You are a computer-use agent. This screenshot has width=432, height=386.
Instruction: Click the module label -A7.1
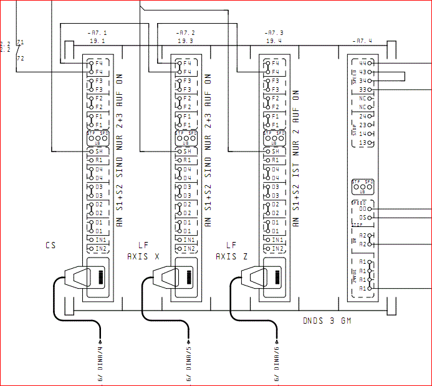point(97,32)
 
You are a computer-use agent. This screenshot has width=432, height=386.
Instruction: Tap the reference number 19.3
point(185,41)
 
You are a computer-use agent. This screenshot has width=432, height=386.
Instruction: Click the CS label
point(50,245)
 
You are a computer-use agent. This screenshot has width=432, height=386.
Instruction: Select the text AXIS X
point(143,256)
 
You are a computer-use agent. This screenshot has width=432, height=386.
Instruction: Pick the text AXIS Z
point(232,256)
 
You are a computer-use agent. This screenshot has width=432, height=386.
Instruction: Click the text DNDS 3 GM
point(327,321)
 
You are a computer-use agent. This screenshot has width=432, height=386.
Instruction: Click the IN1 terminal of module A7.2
point(186,239)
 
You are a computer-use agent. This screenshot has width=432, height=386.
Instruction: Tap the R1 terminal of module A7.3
point(274,160)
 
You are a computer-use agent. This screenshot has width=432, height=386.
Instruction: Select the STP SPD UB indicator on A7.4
point(362,186)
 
